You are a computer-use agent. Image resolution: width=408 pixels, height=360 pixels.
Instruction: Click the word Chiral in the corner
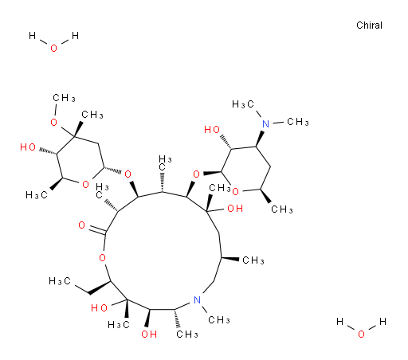tap(369, 25)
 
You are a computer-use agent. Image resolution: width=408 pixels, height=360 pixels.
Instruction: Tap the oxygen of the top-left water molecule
tap(53, 49)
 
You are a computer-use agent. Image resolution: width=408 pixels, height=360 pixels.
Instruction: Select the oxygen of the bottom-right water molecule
tap(361, 334)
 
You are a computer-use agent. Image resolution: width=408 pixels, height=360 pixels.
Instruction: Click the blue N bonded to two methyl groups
tap(265, 124)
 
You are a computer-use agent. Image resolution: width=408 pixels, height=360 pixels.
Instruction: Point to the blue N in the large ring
tap(197, 300)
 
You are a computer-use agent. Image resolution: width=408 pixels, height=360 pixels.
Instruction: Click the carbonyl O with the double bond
tap(82, 225)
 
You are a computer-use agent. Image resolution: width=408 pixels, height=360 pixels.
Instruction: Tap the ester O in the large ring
tap(102, 257)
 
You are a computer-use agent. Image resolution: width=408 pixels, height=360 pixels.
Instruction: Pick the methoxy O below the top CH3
tap(53, 123)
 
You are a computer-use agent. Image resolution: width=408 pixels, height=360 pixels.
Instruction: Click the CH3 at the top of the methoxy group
tap(64, 98)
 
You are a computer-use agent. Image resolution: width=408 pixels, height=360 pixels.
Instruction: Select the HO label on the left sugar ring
tap(28, 147)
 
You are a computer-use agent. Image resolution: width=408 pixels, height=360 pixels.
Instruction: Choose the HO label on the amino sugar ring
tap(212, 130)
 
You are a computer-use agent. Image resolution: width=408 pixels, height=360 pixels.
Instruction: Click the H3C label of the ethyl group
tap(60, 281)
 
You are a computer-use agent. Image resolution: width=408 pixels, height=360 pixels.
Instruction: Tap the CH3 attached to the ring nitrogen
tap(219, 320)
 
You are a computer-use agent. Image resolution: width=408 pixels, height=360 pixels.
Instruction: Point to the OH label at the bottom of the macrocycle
tap(149, 334)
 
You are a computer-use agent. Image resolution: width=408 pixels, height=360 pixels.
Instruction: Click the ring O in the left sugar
tap(85, 184)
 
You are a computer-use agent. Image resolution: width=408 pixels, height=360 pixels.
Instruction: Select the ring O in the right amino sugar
tap(235, 191)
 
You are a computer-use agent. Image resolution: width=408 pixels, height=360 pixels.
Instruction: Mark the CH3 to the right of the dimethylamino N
tap(298, 122)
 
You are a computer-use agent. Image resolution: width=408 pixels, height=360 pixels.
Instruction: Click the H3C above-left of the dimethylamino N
tap(243, 104)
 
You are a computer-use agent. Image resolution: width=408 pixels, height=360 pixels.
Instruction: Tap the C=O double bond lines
tap(97, 230)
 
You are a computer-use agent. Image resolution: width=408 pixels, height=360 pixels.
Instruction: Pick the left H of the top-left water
tap(32, 35)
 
